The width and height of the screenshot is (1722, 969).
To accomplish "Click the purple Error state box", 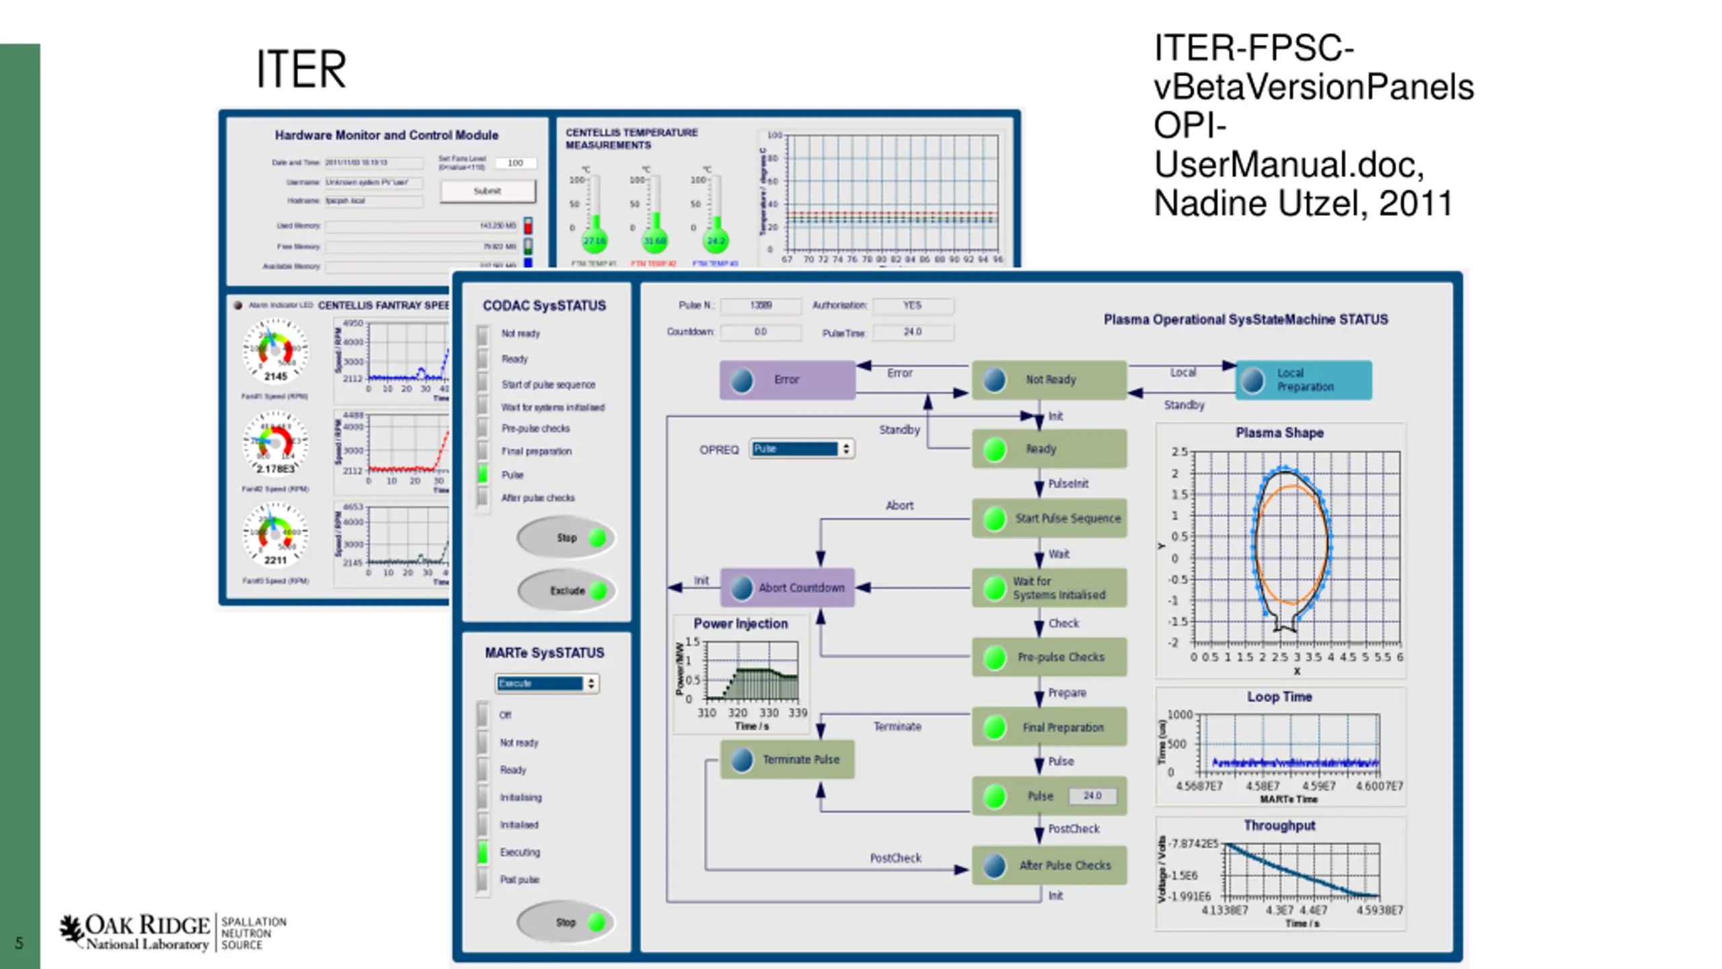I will pyautogui.click(x=787, y=380).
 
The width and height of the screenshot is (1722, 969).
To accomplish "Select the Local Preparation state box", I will pyautogui.click(x=1304, y=380).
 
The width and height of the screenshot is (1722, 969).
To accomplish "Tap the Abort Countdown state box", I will pyautogui.click(x=787, y=587).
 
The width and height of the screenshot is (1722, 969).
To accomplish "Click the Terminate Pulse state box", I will pyautogui.click(x=787, y=760).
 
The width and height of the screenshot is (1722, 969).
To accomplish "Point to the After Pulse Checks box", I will pyautogui.click(x=1049, y=865).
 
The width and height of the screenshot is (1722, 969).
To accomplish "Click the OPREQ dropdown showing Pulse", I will pyautogui.click(x=801, y=449).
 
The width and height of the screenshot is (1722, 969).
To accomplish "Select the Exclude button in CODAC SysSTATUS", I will pyautogui.click(x=566, y=591).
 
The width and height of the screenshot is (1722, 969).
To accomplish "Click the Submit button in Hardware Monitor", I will pyautogui.click(x=488, y=191).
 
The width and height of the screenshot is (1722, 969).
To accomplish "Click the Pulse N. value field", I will pyautogui.click(x=761, y=306).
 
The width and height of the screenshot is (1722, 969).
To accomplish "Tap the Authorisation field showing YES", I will pyautogui.click(x=912, y=306).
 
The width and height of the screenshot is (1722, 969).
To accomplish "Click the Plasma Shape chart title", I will pyautogui.click(x=1279, y=433).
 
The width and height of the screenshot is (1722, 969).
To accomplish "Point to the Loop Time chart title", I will pyautogui.click(x=1279, y=697).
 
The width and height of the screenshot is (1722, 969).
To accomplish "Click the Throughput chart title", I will pyautogui.click(x=1279, y=826).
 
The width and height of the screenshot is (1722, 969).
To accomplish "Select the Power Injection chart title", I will pyautogui.click(x=741, y=624).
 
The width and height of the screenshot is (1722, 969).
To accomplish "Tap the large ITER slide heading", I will pyautogui.click(x=301, y=69).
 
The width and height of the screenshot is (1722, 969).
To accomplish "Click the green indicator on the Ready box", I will pyautogui.click(x=995, y=450).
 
